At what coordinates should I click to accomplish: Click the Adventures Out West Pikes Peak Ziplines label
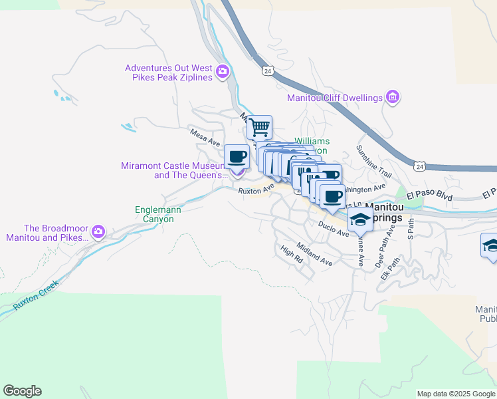coord(169,72)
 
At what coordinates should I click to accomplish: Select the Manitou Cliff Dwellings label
coord(335,98)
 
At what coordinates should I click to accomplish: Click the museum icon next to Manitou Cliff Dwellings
coord(392,98)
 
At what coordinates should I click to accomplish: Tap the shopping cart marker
coord(260,126)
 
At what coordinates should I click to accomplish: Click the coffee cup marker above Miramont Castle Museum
coord(237,157)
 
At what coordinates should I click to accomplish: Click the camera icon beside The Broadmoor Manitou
coord(98,231)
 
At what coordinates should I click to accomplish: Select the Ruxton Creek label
coord(36,293)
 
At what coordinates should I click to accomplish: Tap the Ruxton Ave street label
coord(256,190)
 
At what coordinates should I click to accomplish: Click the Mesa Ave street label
coord(205,138)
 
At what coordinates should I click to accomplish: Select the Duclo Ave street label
coord(333,229)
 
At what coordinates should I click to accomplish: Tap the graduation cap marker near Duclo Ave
coord(360,219)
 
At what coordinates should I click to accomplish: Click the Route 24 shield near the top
coord(267,70)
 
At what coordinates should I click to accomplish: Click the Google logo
coord(22,391)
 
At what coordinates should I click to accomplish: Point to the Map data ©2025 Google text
coord(456,394)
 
